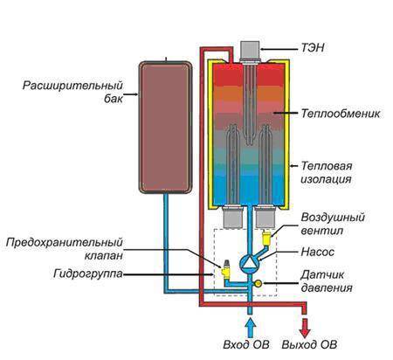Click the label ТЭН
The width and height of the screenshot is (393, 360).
point(313,47)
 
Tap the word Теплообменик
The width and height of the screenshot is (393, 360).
point(341,114)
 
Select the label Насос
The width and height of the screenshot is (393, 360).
point(318,252)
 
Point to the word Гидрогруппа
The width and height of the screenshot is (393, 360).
point(88,274)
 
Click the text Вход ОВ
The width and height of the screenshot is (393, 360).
point(246,344)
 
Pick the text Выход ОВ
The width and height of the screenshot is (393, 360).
point(309,344)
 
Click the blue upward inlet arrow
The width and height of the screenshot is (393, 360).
point(250,328)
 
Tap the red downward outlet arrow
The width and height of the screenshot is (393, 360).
point(304,328)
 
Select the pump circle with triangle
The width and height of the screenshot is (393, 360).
point(249,263)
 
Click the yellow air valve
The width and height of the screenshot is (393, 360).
point(266,238)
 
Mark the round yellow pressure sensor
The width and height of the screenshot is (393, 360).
point(258,283)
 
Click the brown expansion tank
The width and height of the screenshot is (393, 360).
point(165,127)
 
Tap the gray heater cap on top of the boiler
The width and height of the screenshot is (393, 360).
point(250,52)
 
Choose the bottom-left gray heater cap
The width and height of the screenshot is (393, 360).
point(232,217)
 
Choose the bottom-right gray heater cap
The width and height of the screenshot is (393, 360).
point(265,217)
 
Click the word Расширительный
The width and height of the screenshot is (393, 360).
point(72,86)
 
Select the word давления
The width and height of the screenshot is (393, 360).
point(327,287)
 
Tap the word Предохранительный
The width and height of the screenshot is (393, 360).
point(64,243)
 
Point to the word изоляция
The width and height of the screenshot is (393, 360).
point(326,179)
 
